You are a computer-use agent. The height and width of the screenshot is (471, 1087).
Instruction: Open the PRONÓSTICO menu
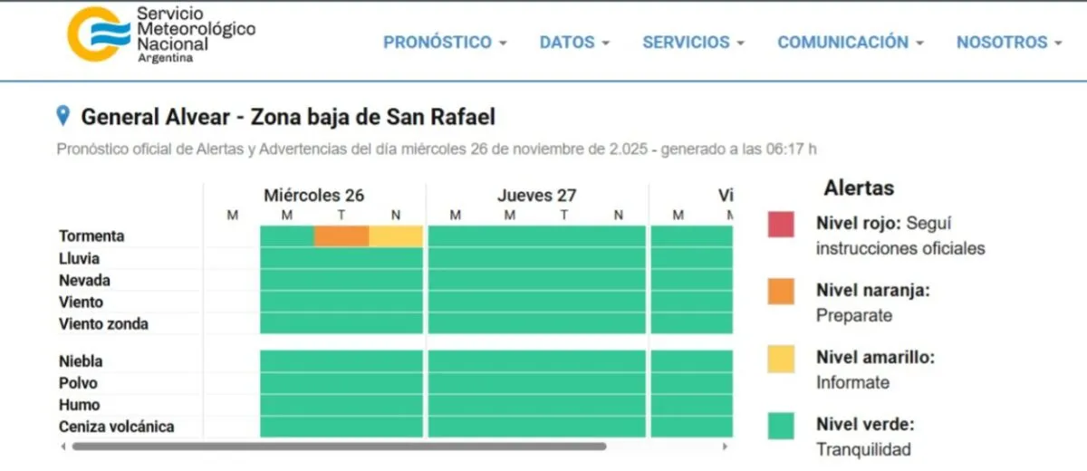[445, 43]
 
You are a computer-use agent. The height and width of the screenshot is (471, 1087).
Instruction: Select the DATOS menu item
[574, 43]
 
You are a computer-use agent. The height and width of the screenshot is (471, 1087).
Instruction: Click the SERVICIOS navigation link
[693, 43]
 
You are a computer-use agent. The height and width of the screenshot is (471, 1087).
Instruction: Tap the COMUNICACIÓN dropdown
[850, 43]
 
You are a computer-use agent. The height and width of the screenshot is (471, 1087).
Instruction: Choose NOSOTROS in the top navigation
[1008, 43]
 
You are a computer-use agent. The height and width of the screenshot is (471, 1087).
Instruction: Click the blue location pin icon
[63, 116]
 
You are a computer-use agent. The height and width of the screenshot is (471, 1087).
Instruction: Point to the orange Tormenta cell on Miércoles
[341, 236]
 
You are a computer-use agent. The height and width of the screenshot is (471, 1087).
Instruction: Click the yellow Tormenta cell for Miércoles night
[396, 236]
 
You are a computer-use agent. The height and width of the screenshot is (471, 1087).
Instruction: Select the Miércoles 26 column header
[313, 196]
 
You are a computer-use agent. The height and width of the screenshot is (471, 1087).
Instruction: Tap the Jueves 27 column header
[536, 196]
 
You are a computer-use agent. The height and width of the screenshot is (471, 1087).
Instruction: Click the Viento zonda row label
[103, 324]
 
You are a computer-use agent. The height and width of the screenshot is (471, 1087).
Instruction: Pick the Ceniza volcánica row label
[116, 427]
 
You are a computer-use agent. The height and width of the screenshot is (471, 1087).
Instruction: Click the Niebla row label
[81, 361]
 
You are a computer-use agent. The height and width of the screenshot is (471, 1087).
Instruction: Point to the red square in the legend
[781, 224]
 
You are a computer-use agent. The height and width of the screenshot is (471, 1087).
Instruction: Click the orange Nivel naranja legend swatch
[781, 291]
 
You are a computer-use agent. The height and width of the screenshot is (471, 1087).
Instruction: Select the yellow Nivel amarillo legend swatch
[781, 359]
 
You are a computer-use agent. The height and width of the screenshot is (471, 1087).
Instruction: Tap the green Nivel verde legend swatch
[781, 426]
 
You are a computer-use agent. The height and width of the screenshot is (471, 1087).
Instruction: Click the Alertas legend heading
[858, 188]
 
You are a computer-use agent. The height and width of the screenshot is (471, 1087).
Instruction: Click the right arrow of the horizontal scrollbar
[724, 447]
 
